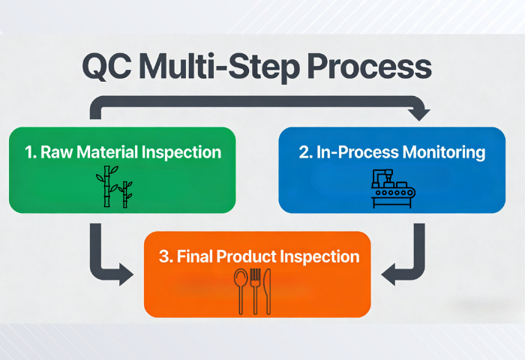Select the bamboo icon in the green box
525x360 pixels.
pos(114,187)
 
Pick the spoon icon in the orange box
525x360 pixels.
pos(241,291)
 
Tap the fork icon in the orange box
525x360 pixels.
pos(255,291)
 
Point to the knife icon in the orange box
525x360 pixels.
pos(268,291)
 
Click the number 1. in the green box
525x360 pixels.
pos(30,152)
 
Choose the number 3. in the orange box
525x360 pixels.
pos(165,256)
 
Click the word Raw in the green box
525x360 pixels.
pos(55,152)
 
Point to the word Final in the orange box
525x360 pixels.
pos(195,256)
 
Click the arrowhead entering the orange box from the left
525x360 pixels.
pos(126,275)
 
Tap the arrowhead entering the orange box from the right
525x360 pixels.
pos(388,275)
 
